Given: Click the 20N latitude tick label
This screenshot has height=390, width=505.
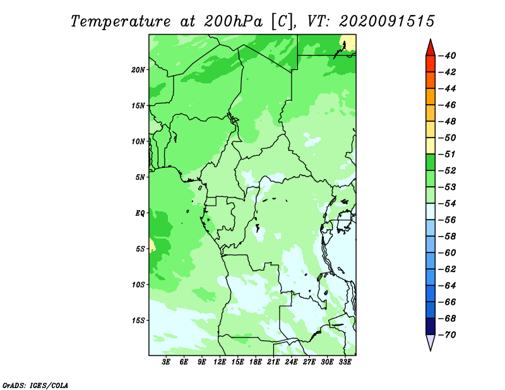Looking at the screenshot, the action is click(138, 70).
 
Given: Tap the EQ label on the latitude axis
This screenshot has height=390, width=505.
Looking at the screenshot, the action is click(140, 213).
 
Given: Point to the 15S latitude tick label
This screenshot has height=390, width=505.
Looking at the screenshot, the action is click(138, 321).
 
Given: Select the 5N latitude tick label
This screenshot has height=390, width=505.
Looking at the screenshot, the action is click(140, 177).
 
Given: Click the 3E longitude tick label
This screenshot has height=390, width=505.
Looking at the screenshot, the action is click(166, 362).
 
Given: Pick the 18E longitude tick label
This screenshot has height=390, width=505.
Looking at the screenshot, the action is click(256, 362).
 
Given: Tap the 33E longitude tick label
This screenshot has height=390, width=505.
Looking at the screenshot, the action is click(345, 362).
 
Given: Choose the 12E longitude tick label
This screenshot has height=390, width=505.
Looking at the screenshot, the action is click(220, 362).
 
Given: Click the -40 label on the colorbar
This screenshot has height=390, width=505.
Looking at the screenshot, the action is click(448, 56).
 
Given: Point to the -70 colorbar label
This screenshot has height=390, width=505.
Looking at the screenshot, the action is click(448, 335).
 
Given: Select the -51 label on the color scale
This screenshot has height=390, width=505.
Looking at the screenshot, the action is click(448, 154).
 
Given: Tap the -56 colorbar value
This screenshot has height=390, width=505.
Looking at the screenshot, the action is click(448, 220).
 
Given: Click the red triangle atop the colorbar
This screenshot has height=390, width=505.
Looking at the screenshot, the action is click(431, 49).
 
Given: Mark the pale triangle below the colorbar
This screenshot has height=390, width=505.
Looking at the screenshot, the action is click(431, 341).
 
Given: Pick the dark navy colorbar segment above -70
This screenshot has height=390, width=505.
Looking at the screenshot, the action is click(431, 326).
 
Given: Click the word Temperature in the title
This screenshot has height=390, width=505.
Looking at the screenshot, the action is click(121, 21).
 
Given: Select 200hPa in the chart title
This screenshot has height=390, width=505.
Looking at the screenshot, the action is click(233, 21).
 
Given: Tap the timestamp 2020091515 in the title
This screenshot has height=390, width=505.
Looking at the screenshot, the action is click(387, 21).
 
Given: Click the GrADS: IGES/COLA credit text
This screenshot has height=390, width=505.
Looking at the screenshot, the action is click(35, 386).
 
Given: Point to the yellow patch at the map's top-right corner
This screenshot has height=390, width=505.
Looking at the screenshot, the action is click(349, 43).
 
